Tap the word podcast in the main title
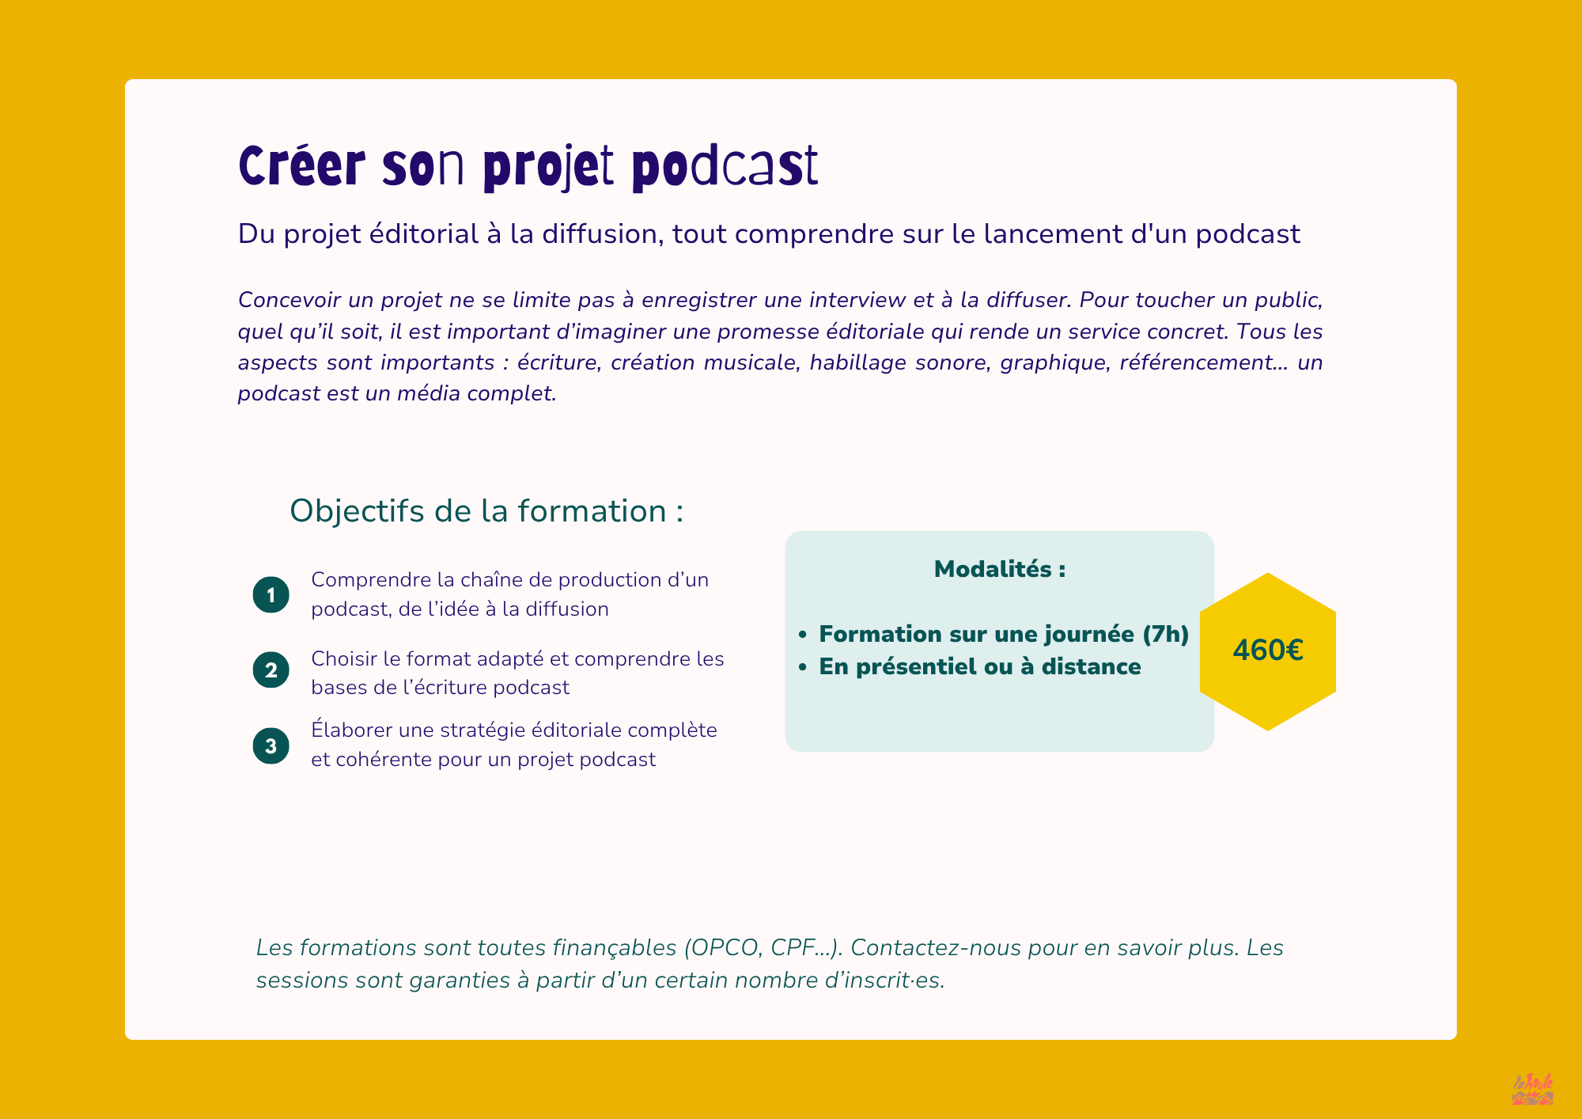click(x=725, y=168)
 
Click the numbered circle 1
click(x=271, y=594)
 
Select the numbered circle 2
click(x=271, y=670)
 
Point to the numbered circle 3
click(x=271, y=745)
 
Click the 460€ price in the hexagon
click(x=1267, y=651)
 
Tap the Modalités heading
click(x=1000, y=569)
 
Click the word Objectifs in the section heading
click(x=358, y=512)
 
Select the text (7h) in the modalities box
click(x=1166, y=635)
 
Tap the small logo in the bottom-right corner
click(x=1532, y=1089)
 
